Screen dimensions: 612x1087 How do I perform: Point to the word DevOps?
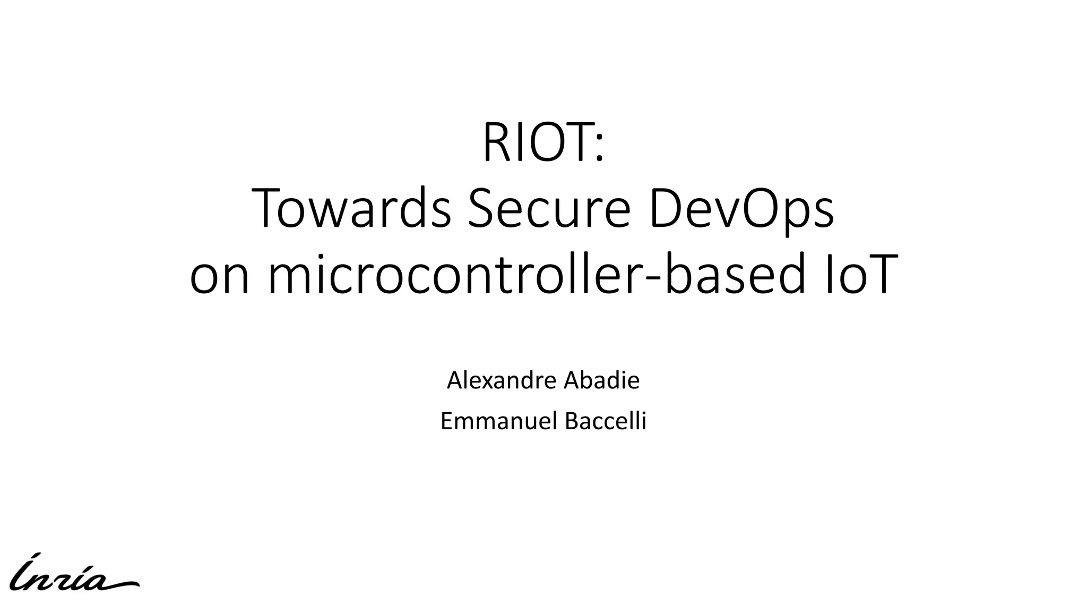click(740, 211)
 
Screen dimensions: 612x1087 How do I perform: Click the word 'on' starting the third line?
click(219, 276)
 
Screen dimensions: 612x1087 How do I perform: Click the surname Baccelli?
click(606, 421)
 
